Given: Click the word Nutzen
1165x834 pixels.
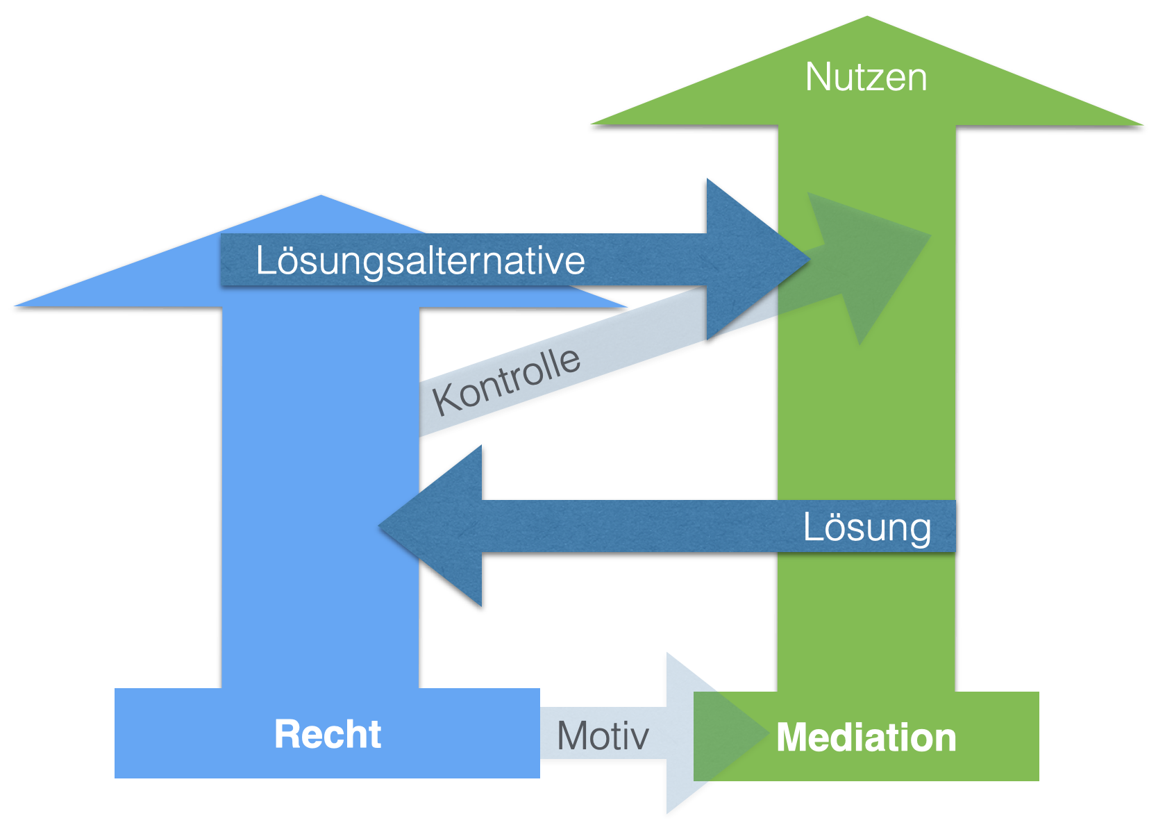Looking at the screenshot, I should (866, 77).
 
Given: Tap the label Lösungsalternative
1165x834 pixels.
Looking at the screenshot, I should (420, 261).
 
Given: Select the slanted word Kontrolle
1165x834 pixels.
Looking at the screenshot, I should (506, 381).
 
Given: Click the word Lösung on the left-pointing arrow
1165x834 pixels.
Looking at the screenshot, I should (866, 528).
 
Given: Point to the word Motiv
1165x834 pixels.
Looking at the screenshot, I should (603, 736).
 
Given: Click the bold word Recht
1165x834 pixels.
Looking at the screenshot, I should (328, 735).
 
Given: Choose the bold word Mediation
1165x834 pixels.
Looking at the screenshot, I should (866, 737).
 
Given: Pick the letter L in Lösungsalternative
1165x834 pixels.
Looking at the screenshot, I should (264, 261).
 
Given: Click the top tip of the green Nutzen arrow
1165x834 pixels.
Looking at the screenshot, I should (867, 18).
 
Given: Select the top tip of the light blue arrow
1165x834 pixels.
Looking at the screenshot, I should (321, 197).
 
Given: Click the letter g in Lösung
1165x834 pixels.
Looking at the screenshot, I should (919, 531).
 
